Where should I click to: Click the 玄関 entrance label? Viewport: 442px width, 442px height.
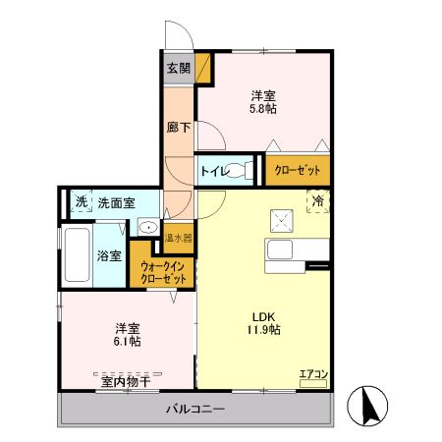click(x=178, y=68)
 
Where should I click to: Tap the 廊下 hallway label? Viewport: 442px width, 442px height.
click(x=178, y=127)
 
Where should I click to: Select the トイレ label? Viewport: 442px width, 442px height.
click(x=213, y=171)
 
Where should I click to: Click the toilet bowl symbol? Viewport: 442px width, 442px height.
click(x=244, y=170)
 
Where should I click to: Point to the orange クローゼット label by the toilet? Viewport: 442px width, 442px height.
click(x=298, y=171)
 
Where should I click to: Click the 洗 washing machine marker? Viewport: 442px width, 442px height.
click(x=82, y=202)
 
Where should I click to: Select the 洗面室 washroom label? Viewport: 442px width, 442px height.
click(x=116, y=202)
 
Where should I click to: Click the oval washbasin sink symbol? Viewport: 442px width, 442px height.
click(x=146, y=228)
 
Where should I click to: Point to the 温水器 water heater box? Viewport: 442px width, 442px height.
click(x=178, y=237)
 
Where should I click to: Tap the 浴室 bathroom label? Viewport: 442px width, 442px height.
click(x=109, y=256)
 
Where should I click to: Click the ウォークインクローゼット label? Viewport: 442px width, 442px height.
click(x=163, y=272)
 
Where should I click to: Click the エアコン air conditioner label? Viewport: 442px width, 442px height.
click(x=312, y=372)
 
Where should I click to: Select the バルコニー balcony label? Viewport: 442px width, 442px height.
click(x=194, y=408)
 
